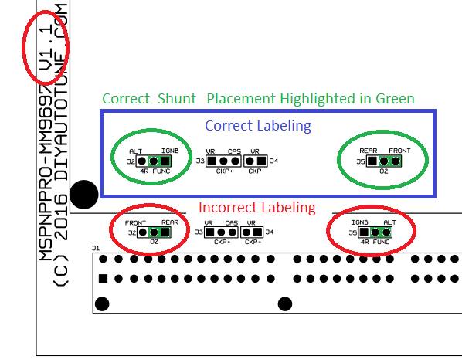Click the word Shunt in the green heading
[x=177, y=98]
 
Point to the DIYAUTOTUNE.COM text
[x=60, y=92]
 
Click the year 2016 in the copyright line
[x=61, y=216]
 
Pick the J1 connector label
[x=96, y=248]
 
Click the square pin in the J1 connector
[x=103, y=279]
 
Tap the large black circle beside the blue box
[x=84, y=195]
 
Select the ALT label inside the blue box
[x=135, y=151]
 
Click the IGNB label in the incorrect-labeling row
[x=359, y=222]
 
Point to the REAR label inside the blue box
[x=369, y=151]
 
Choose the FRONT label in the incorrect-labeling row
[x=135, y=222]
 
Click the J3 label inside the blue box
[x=200, y=161]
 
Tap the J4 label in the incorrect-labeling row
[x=270, y=232]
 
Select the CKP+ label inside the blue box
[x=225, y=171]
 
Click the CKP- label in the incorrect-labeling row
[x=253, y=242]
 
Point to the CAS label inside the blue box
[x=234, y=151]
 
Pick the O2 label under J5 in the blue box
[x=384, y=171]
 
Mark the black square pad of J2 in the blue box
[x=165, y=161]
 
